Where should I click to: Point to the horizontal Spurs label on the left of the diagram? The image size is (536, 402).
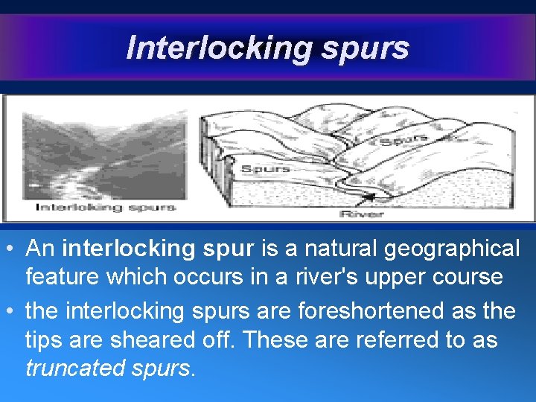tap(265, 169)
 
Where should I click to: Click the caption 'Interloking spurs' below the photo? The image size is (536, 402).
tap(106, 207)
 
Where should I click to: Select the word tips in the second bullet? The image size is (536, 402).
tap(44, 339)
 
